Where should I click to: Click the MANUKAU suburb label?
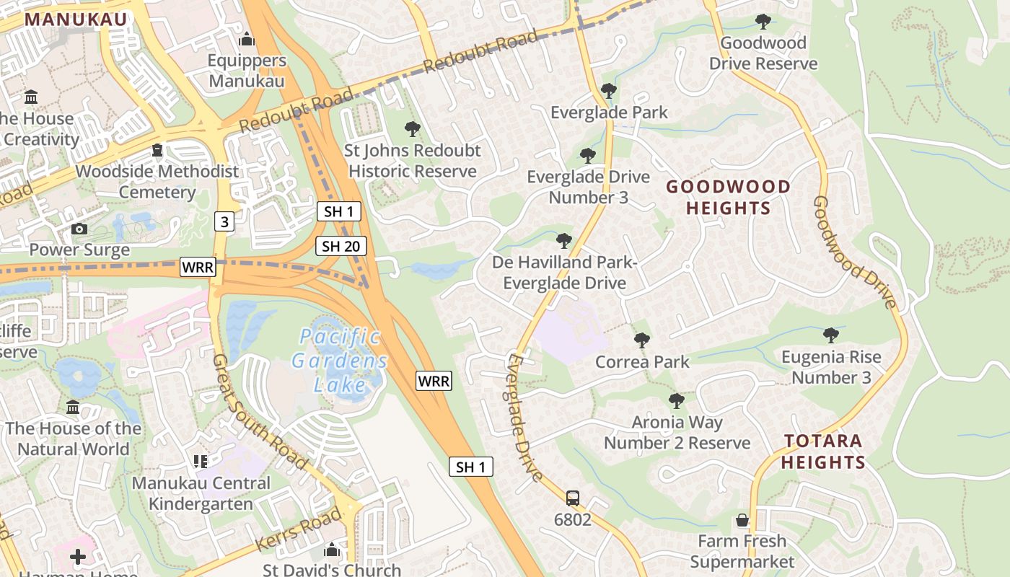[x=76, y=19]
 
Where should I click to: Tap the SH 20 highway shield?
[x=341, y=246]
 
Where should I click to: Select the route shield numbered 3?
[x=224, y=221]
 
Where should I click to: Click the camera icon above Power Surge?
[x=79, y=229]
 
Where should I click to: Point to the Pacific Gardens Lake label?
[x=340, y=360]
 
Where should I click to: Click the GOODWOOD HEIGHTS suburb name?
[x=728, y=198]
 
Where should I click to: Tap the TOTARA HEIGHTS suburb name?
[x=823, y=452]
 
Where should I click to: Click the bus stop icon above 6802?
[x=573, y=498]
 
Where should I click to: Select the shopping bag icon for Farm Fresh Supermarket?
[x=742, y=520]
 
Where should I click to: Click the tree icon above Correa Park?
[x=642, y=340]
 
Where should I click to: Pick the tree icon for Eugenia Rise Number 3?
[x=831, y=335]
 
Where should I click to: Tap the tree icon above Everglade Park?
[x=609, y=91]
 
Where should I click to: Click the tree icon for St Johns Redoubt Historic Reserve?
[x=413, y=129]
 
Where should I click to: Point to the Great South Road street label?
[x=261, y=411]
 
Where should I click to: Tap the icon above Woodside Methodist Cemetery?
[x=157, y=151]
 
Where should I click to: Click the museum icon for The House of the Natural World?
[x=73, y=408]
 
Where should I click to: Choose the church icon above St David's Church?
[x=332, y=550]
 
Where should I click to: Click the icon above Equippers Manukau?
[x=247, y=39]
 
